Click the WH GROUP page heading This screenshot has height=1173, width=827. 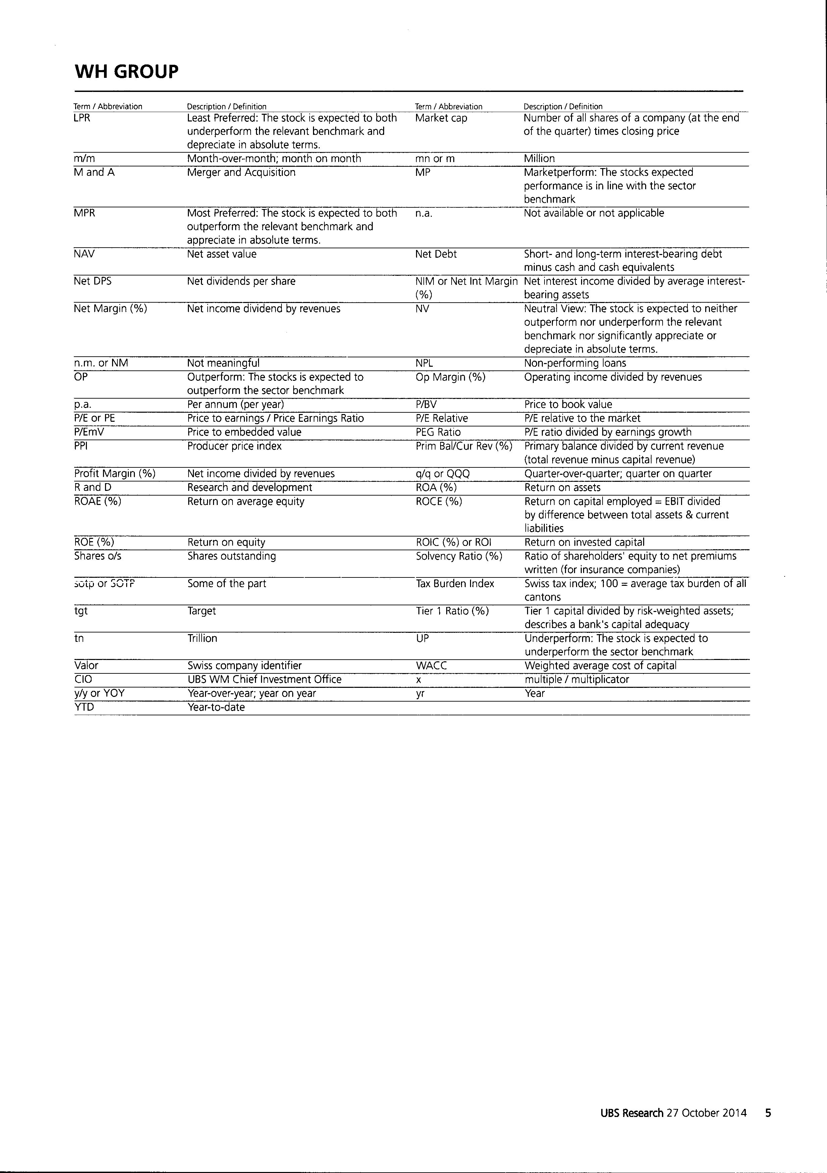[x=127, y=71]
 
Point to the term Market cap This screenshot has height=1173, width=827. [x=441, y=118]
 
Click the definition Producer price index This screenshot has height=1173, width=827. [x=235, y=446]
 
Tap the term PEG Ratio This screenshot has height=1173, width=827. [x=438, y=432]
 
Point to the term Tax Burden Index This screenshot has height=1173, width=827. [x=455, y=583]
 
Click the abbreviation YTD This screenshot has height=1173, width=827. [x=84, y=707]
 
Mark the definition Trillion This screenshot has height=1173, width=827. [x=202, y=638]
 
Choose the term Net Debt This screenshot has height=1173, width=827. [x=436, y=254]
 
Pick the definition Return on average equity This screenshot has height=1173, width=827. [x=246, y=501]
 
